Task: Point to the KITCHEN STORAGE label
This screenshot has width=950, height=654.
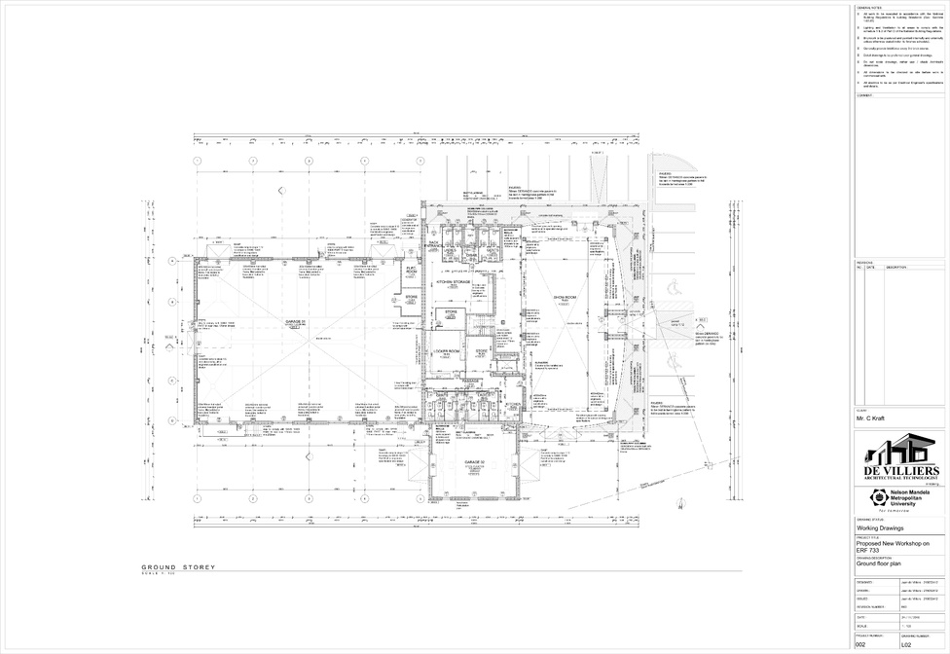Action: [454, 282]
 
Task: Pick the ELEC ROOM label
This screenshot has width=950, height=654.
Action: [411, 270]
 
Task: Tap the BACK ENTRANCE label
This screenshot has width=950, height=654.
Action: [434, 245]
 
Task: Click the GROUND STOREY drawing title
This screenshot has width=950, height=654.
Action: [178, 567]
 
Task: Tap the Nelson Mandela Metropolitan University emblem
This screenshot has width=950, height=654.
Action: [873, 497]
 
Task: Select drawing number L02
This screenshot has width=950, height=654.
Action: [906, 645]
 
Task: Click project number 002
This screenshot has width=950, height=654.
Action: [860, 645]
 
